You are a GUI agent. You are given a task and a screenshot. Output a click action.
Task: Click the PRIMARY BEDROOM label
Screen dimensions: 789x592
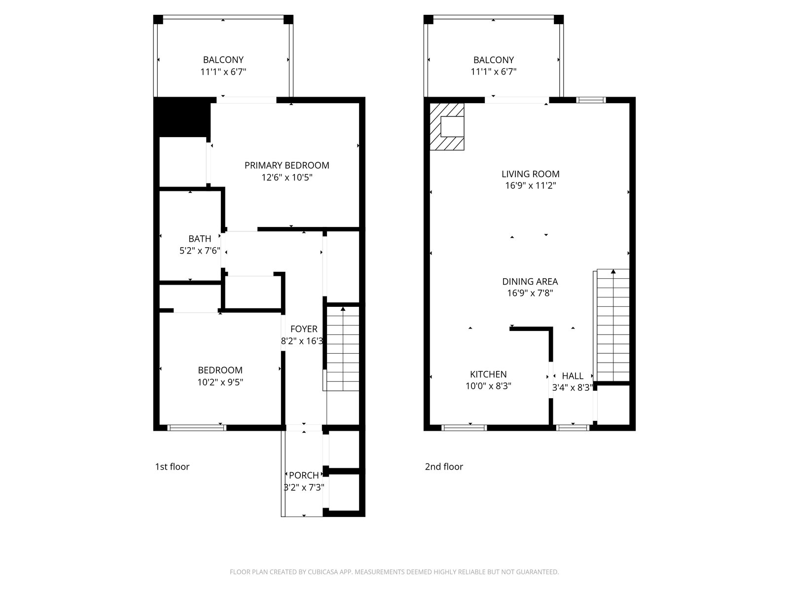(x=287, y=165)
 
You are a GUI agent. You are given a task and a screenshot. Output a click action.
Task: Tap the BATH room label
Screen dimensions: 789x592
(x=200, y=239)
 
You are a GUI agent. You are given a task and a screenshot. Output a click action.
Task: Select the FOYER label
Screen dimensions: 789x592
(x=304, y=329)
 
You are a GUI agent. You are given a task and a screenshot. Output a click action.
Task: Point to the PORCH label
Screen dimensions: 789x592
(x=304, y=475)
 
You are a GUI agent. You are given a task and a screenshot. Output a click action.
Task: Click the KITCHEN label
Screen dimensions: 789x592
(x=488, y=374)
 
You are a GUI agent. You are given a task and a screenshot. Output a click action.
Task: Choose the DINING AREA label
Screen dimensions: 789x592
(x=530, y=281)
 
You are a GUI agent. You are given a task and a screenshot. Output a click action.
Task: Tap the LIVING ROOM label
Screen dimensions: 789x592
(x=531, y=174)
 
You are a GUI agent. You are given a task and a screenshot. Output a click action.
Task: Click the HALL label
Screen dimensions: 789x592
(x=572, y=376)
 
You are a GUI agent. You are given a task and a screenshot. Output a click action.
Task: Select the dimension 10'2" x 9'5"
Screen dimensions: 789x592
(x=220, y=382)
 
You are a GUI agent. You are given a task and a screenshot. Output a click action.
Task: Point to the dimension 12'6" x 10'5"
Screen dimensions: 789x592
(x=287, y=177)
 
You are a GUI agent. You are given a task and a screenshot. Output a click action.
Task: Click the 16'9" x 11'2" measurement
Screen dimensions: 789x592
(x=531, y=185)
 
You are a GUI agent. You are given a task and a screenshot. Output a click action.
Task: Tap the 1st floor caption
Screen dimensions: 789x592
(x=172, y=467)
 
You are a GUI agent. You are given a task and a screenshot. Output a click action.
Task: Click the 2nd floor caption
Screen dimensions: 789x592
(x=444, y=467)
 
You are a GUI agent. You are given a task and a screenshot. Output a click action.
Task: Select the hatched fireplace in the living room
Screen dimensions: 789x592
(x=447, y=126)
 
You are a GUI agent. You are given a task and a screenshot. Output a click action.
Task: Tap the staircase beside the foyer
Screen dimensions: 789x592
(x=343, y=349)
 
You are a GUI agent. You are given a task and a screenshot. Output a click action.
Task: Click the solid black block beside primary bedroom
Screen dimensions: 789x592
(x=182, y=117)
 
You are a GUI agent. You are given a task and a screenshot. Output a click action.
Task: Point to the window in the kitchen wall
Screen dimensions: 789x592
(x=464, y=428)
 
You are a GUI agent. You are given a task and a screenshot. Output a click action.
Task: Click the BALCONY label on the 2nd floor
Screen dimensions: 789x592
(x=493, y=60)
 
